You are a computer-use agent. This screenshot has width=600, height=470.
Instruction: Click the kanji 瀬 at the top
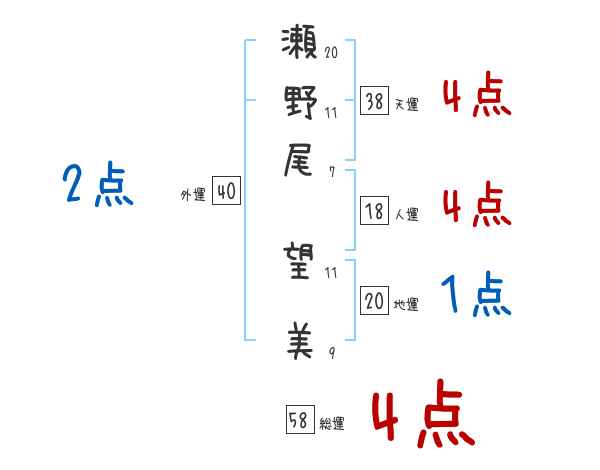point(299,46)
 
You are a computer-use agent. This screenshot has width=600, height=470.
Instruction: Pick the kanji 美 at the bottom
point(299,341)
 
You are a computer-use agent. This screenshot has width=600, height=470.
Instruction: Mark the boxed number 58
point(299,422)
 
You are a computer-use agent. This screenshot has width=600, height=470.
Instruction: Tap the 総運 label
point(332,424)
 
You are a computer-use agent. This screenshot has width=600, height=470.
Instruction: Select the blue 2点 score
point(97,186)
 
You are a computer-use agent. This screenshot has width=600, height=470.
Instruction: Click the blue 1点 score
point(476,296)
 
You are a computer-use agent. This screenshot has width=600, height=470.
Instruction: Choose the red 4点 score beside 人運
point(476,205)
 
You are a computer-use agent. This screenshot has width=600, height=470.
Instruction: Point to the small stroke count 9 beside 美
point(331,352)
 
